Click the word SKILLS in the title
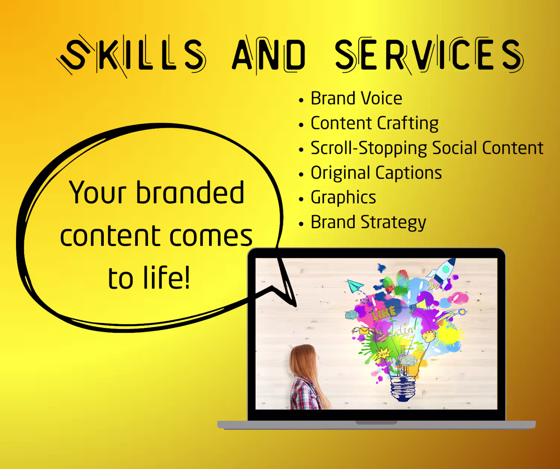[x=131, y=55]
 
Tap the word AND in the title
[x=268, y=55]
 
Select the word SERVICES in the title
[x=429, y=55]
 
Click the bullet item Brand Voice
[x=356, y=98]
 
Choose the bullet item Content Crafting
[x=374, y=123]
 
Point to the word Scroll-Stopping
[x=368, y=148]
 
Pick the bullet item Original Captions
[x=376, y=173]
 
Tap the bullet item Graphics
[x=343, y=197]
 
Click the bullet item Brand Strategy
[x=368, y=222]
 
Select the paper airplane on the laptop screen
[x=356, y=286]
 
